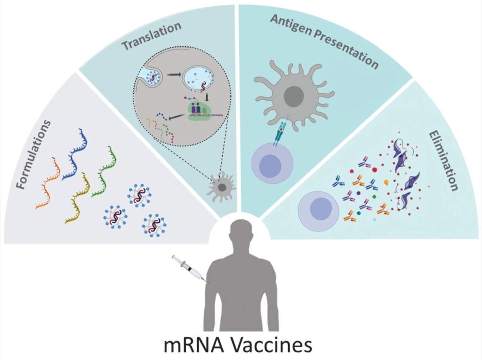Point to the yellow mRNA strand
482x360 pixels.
78,198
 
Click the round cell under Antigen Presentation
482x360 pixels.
271,165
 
